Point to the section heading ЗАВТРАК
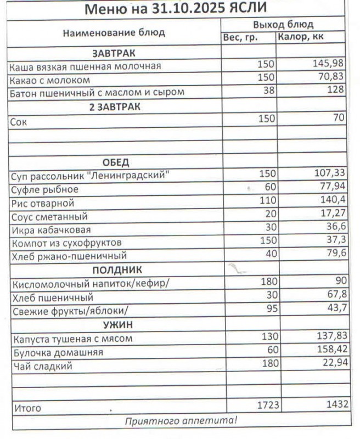(x=114, y=53)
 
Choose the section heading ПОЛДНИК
(x=117, y=269)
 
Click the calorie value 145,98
(x=328, y=64)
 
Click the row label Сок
(x=19, y=123)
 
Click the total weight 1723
(x=268, y=405)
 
